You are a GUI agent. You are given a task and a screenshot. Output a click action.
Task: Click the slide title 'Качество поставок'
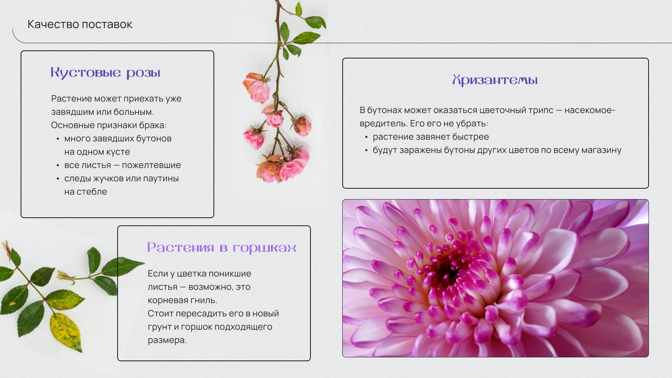coord(80,24)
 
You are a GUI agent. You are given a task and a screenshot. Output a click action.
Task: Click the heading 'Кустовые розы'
coord(105,73)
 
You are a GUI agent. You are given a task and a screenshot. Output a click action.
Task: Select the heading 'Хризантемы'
coord(495,80)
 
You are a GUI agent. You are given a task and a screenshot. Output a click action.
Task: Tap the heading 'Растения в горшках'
coord(222,248)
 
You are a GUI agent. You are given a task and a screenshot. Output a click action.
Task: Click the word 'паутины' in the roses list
coord(161,178)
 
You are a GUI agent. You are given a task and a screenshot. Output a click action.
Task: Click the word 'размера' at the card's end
coord(167,340)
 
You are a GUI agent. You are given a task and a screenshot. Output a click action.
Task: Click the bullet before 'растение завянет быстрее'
coord(366,137)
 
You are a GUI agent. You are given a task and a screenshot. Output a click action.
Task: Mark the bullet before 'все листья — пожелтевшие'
coord(58,166)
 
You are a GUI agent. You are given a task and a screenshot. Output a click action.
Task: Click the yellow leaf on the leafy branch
coord(66,331)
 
